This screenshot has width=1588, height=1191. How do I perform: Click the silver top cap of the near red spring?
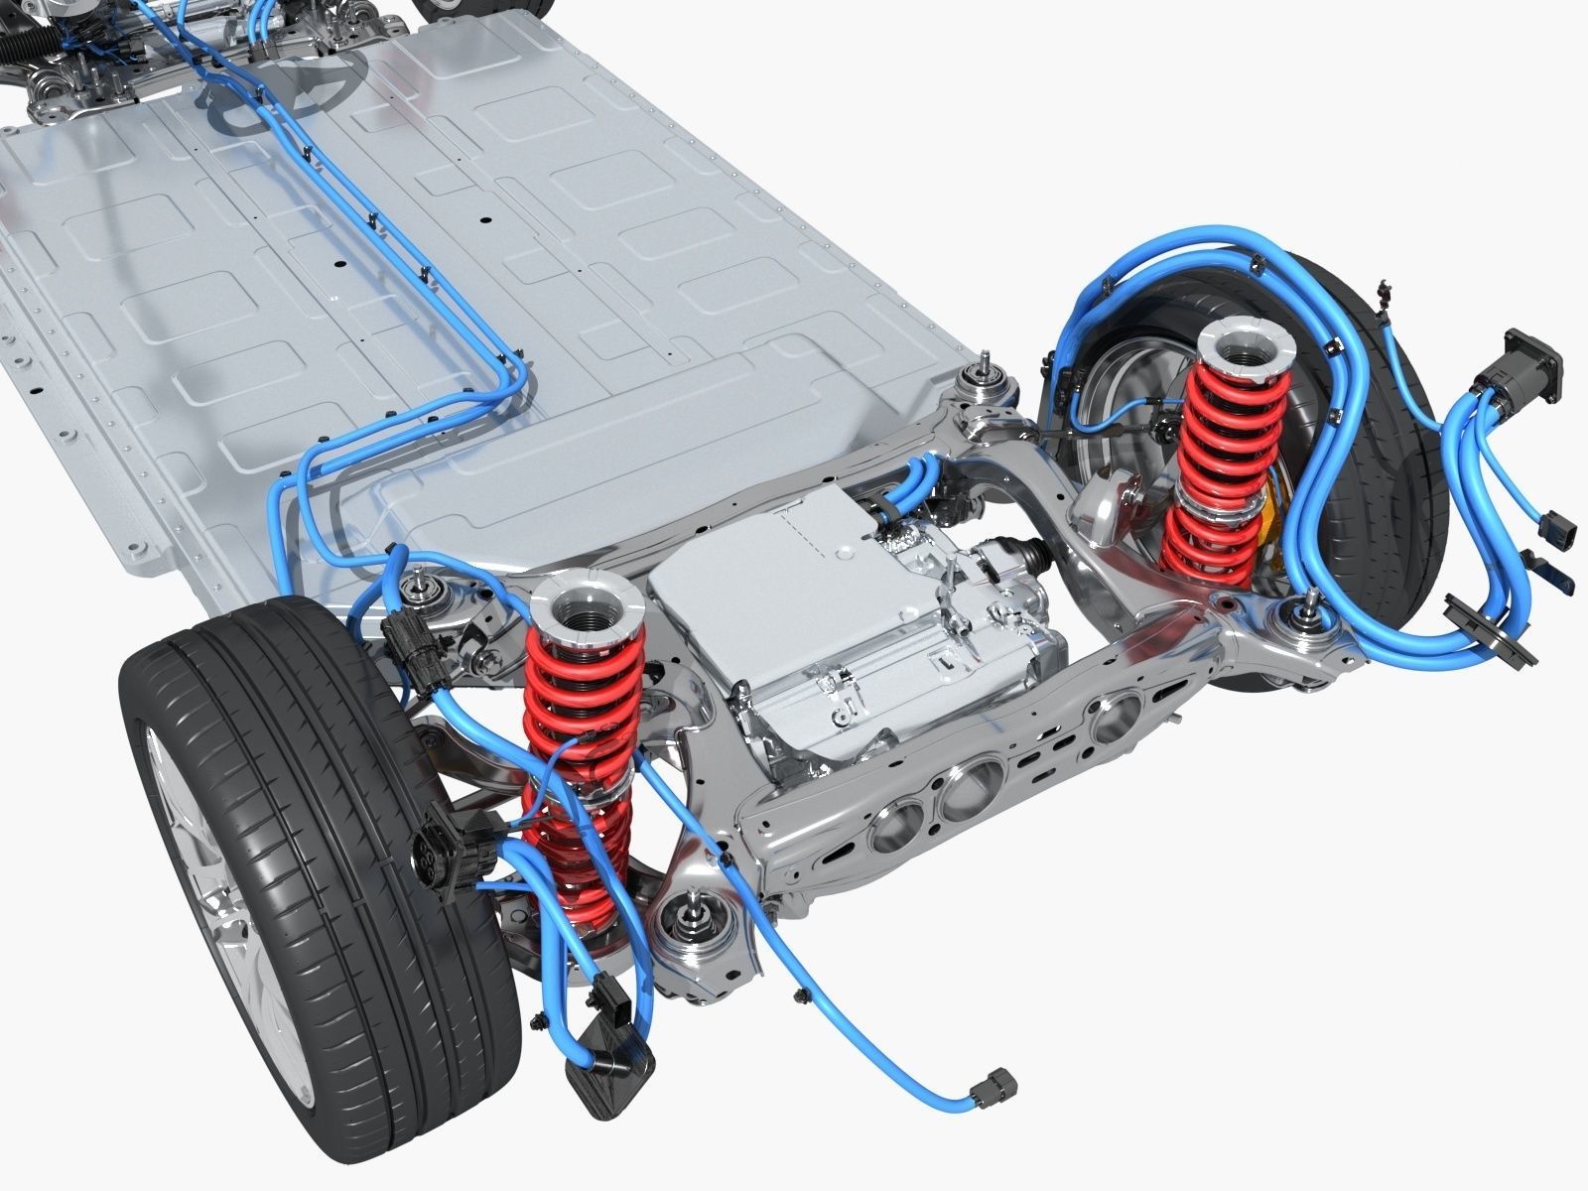(x=588, y=604)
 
